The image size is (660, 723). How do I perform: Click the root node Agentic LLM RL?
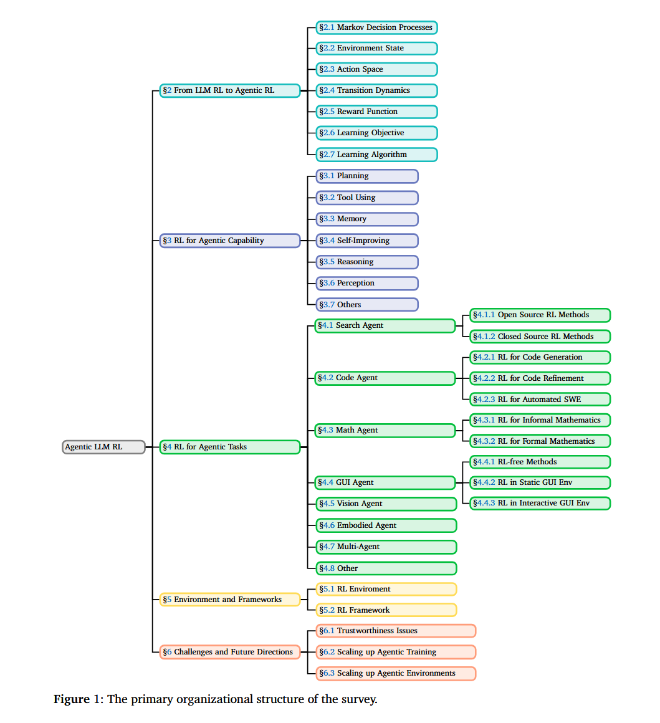(103, 447)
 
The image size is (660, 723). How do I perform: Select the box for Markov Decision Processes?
(376, 27)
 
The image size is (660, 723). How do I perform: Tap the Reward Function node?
(376, 112)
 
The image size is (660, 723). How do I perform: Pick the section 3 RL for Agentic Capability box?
(229, 241)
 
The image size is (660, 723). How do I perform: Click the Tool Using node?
(366, 198)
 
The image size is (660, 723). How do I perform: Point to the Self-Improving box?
(366, 241)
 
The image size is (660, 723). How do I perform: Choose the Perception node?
(366, 283)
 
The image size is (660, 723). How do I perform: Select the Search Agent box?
(385, 325)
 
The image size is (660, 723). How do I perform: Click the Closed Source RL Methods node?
(540, 337)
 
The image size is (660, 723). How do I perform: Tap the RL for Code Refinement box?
(540, 378)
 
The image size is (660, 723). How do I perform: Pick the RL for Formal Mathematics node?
(540, 441)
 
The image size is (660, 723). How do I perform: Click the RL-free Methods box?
(540, 462)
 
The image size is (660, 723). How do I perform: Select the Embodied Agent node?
(386, 525)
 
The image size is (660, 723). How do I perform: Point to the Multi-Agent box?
(386, 547)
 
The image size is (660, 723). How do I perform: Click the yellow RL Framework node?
(386, 610)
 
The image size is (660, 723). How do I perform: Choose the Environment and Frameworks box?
(229, 600)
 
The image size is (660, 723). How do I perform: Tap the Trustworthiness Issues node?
(396, 631)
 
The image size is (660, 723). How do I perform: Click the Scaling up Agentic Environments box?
(396, 673)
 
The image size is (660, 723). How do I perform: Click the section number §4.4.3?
(484, 503)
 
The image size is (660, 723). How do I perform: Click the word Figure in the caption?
(72, 699)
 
